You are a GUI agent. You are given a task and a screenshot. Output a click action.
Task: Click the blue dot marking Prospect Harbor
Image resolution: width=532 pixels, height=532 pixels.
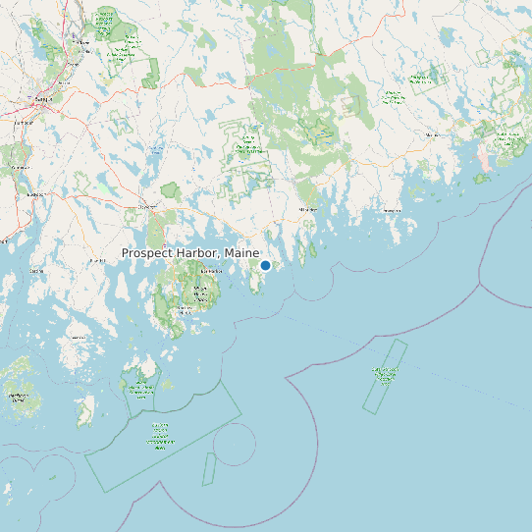click(x=265, y=265)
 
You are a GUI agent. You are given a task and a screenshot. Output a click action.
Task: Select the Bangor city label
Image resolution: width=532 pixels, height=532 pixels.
click(x=41, y=99)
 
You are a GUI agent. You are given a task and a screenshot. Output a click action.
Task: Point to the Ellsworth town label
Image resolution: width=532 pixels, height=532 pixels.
click(x=147, y=207)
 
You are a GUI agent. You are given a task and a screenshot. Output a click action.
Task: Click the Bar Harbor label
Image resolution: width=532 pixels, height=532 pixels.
click(x=210, y=271)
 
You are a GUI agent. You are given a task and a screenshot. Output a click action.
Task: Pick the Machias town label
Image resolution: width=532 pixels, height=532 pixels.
click(x=433, y=134)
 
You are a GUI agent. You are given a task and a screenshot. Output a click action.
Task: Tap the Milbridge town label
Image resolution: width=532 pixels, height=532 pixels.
click(x=307, y=209)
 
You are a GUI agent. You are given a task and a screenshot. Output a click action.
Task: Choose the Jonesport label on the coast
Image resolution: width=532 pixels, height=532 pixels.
click(x=392, y=210)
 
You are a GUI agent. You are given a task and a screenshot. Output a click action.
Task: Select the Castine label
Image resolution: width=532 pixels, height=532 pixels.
click(x=36, y=270)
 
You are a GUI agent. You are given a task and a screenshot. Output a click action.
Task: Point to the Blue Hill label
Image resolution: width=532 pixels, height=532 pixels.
click(x=96, y=260)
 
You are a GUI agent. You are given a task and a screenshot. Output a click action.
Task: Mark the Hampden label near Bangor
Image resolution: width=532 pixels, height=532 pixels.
click(x=23, y=123)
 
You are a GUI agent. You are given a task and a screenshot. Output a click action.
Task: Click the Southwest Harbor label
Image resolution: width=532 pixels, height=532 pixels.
click(x=184, y=310)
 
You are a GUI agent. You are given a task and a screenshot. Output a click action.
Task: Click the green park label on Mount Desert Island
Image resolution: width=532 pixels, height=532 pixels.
click(x=201, y=292)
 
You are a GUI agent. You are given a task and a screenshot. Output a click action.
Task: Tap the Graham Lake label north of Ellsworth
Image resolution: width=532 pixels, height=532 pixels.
click(x=156, y=150)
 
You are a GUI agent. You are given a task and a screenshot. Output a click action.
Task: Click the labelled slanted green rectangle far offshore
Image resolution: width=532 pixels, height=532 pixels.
click(x=385, y=375)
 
